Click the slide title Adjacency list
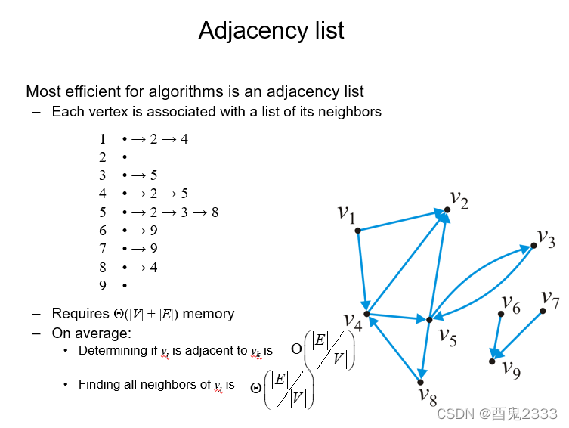tap(271, 30)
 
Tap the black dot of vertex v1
tap(357, 230)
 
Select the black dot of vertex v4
tap(366, 313)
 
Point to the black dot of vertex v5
tap(429, 320)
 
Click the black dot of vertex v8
tap(420, 382)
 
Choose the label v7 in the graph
tap(550, 299)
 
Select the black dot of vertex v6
tap(501, 313)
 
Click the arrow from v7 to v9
tap(520, 333)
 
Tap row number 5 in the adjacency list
tap(103, 212)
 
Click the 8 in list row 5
tap(215, 212)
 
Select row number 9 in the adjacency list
tap(103, 285)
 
